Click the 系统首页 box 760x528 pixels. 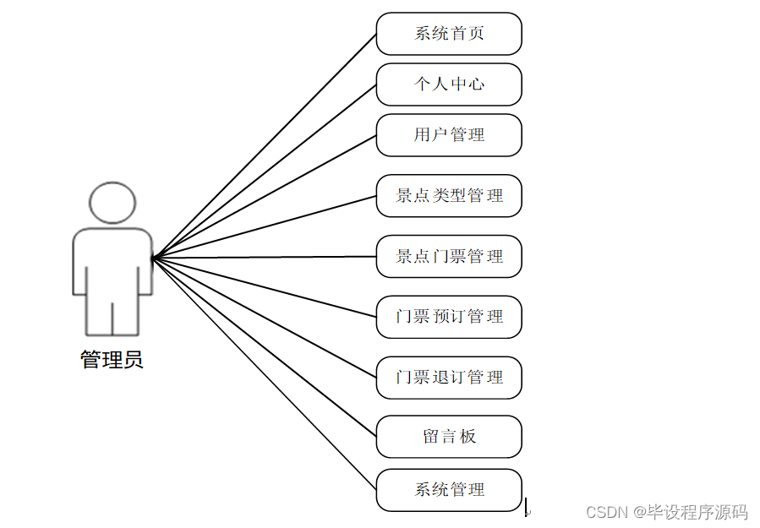449,34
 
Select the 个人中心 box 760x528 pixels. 449,84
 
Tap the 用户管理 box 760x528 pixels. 449,135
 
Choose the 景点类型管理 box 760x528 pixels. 449,196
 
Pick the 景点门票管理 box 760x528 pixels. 449,257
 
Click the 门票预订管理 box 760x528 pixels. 449,317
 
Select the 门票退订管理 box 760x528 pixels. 449,378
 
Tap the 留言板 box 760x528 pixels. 449,437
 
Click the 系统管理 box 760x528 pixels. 449,490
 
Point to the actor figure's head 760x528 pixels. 112,203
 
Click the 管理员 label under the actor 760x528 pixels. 112,360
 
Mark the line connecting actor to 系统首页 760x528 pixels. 264,145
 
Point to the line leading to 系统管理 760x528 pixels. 264,373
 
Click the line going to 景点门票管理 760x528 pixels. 264,257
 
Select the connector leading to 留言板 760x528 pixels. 264,346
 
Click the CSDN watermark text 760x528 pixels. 666,512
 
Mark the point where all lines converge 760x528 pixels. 153,257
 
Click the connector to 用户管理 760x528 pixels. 264,196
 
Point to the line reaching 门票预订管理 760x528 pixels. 264,287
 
